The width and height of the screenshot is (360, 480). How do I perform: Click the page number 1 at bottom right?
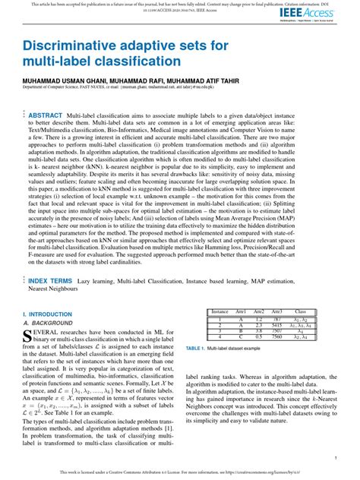click(x=335, y=459)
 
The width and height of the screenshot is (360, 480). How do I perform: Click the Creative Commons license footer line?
click(x=180, y=472)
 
